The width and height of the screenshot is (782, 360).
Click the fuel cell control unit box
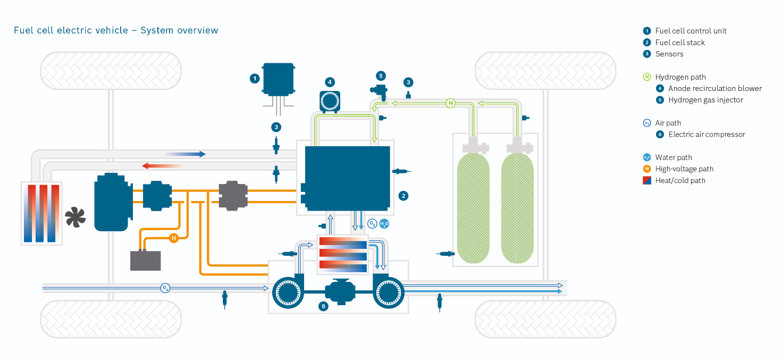click(x=279, y=79)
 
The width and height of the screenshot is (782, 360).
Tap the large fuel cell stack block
click(x=347, y=179)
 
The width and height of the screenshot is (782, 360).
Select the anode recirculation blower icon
click(x=330, y=102)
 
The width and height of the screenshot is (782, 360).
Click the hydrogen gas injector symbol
click(x=380, y=91)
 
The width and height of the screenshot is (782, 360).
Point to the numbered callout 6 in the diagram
click(x=323, y=306)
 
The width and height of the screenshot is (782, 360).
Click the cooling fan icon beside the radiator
click(x=75, y=217)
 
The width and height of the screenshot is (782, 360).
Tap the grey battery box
click(x=146, y=261)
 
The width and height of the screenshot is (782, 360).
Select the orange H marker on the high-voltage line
click(x=174, y=238)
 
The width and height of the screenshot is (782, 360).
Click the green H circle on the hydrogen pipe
click(x=451, y=103)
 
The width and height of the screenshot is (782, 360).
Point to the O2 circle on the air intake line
click(x=165, y=288)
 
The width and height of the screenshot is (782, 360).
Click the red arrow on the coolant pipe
click(x=163, y=165)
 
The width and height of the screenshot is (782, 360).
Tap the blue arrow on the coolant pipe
click(x=185, y=154)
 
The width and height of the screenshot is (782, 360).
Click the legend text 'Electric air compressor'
click(x=707, y=135)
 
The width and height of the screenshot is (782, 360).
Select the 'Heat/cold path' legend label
click(x=680, y=180)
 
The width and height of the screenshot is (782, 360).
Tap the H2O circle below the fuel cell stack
click(x=384, y=223)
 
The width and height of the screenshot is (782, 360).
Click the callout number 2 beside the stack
click(x=403, y=196)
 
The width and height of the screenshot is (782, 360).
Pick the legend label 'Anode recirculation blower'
click(x=715, y=88)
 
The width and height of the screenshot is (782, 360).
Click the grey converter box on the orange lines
click(x=233, y=196)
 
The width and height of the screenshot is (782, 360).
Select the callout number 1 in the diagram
click(x=255, y=79)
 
